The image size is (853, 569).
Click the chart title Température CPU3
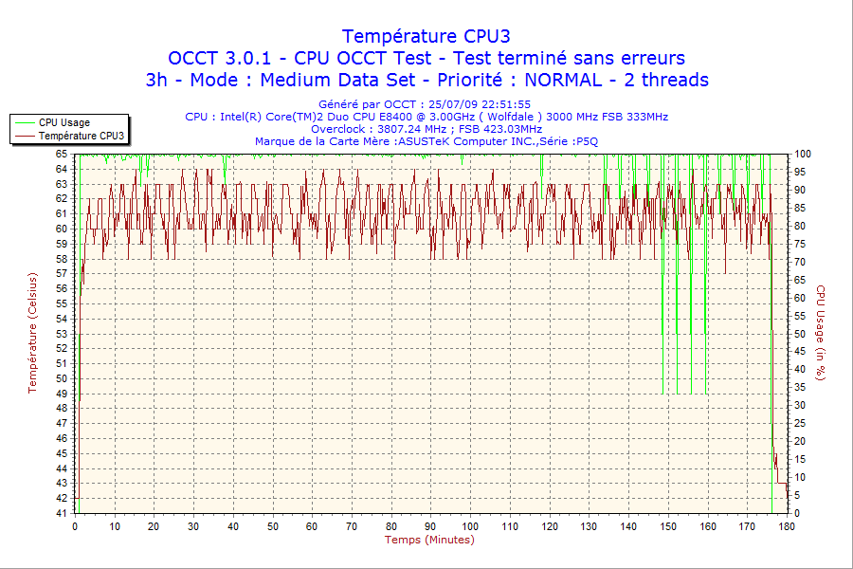pos(426,36)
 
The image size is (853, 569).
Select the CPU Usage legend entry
pos(64,122)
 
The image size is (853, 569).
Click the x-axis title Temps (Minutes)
pos(429,540)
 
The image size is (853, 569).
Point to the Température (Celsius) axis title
pos(32,332)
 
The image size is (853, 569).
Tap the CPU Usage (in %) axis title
pos(821,332)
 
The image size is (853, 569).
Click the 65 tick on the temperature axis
pos(62,154)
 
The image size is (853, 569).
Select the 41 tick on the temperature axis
pos(62,513)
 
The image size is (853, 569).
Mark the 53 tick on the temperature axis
pos(62,334)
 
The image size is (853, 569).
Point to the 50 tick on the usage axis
pos(800,334)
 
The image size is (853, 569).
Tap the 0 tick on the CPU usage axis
pos(797,513)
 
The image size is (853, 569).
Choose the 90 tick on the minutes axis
pos(430,526)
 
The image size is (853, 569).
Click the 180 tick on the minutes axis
pos(786,526)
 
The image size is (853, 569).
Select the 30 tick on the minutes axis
pos(193,526)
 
